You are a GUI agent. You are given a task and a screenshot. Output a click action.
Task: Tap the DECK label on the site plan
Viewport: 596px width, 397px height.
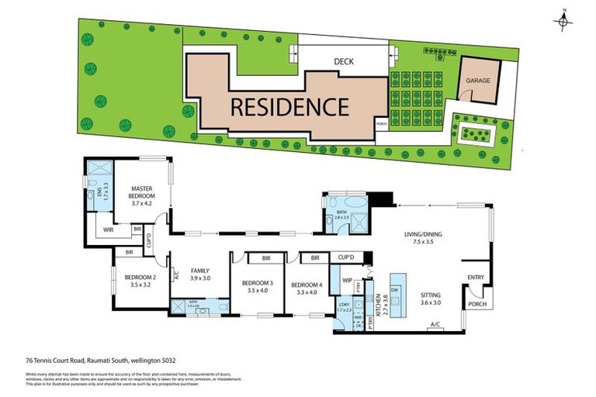(344, 63)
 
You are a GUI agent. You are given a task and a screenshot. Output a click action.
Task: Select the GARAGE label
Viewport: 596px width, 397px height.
(478, 80)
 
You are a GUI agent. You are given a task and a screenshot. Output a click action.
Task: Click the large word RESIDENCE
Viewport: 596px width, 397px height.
(289, 105)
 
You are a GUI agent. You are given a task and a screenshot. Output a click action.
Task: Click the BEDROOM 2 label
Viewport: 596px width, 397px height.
(137, 281)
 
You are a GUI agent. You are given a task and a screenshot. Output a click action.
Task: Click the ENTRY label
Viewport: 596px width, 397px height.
(475, 277)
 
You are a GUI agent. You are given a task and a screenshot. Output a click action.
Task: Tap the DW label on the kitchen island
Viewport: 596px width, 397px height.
(394, 291)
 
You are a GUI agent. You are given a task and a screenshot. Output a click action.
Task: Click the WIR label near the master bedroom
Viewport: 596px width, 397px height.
(109, 230)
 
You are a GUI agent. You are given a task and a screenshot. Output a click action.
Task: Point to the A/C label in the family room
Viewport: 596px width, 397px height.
(176, 274)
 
